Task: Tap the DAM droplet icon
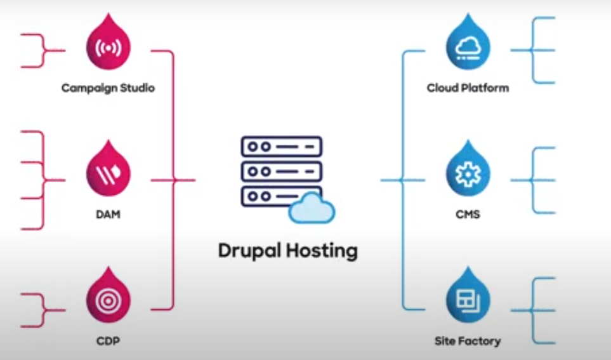point(108,173)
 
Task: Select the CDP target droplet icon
point(108,299)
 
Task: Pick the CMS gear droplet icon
point(468,173)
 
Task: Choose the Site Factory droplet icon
point(468,299)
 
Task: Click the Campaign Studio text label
point(108,88)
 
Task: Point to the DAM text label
point(108,215)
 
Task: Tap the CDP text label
point(108,341)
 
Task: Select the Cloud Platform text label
point(468,88)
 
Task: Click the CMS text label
point(468,215)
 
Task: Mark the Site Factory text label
point(468,341)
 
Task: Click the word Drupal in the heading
point(249,250)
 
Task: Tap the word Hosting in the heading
point(322,250)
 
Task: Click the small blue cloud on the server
point(312,209)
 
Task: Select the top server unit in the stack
point(281,146)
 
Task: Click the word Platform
point(485,88)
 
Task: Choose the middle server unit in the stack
point(281,171)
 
